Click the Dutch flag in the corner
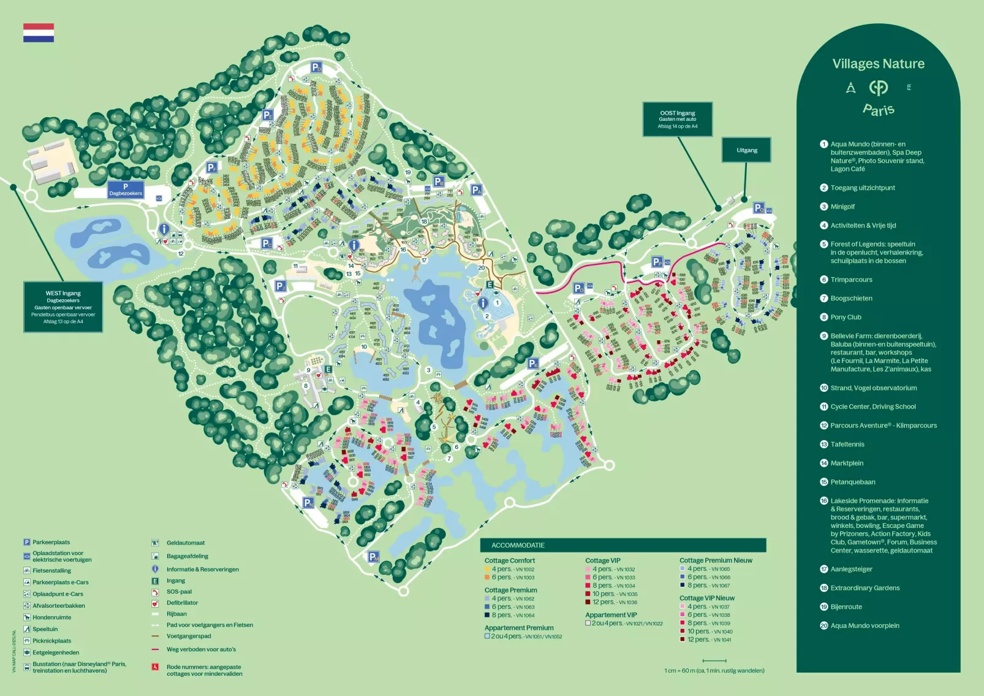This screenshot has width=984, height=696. (39, 33)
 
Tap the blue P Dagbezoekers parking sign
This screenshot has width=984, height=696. (126, 189)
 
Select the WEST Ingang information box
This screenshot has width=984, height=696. (63, 307)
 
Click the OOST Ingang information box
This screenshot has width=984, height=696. (677, 119)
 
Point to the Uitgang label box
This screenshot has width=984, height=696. (746, 150)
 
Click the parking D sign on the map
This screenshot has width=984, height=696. (316, 67)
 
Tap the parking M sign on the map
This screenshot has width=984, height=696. (373, 557)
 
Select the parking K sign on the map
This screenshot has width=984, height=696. (534, 364)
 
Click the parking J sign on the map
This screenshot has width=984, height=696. (280, 286)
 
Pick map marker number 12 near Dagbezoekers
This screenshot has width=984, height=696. (181, 253)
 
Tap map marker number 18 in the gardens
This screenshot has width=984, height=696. (424, 221)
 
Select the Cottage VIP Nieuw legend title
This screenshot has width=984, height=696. (706, 598)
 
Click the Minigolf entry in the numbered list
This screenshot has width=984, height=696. (842, 207)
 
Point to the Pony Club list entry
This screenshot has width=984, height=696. (846, 317)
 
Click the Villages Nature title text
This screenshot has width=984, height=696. (878, 64)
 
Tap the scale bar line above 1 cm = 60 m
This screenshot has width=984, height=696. (714, 660)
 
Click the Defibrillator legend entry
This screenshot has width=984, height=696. (182, 603)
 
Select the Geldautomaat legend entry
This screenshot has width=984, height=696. (185, 543)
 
